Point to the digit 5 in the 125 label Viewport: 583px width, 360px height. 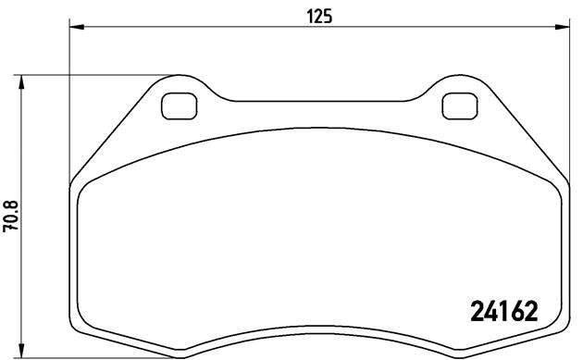click(329, 15)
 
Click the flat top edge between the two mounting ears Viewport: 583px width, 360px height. click(319, 101)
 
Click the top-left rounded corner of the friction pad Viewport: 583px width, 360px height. click(86, 185)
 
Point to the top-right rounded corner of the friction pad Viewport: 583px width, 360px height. click(552, 185)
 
